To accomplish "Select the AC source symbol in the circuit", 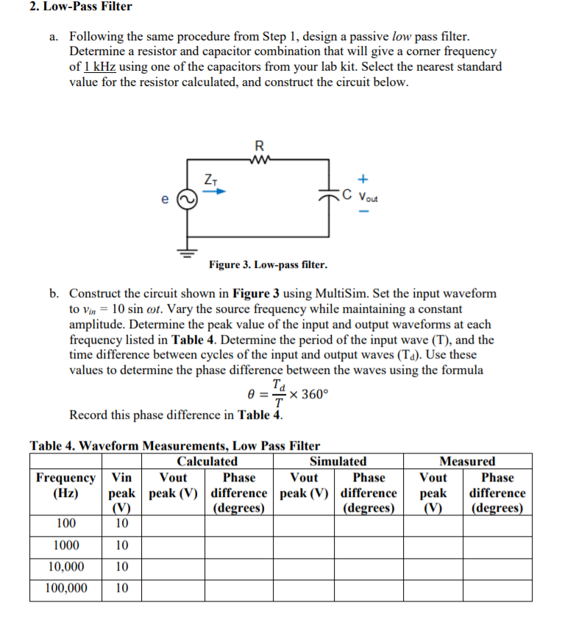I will tap(187, 197).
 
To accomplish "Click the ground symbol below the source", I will tap(187, 251).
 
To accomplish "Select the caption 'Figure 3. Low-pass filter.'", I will tap(268, 264).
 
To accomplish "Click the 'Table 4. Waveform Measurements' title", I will tap(174, 445).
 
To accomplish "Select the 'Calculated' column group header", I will tap(207, 462).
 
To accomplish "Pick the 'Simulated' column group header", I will tap(338, 462).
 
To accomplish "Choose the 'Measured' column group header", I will tap(467, 462).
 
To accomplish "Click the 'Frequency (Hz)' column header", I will tap(65, 485).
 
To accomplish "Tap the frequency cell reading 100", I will tap(65, 524).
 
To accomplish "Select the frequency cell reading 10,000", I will tap(65, 567).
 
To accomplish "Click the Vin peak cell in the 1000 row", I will tap(122, 546).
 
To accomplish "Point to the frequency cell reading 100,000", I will tap(65, 588).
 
